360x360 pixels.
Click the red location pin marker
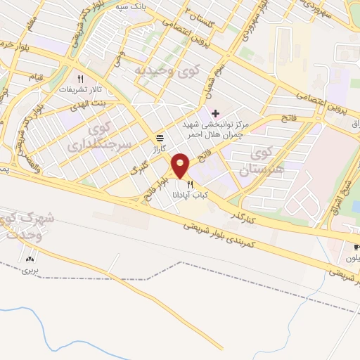coord(181,166)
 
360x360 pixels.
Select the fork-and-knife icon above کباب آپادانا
coord(190,185)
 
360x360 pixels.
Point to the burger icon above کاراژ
coord(160,139)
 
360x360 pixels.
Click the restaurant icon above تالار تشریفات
coord(81,79)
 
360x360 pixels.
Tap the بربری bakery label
coord(27,270)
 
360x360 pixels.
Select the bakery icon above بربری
coord(30,259)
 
